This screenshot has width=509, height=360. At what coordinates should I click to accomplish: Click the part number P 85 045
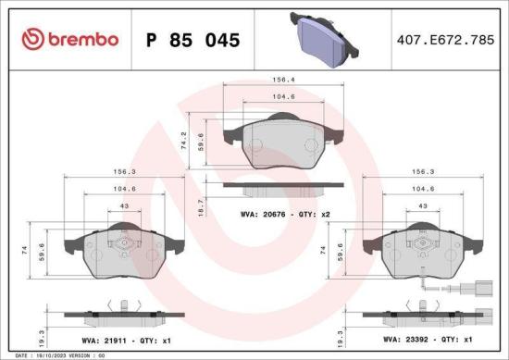click(x=193, y=40)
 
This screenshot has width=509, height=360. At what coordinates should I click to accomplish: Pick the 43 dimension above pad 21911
click(x=122, y=205)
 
